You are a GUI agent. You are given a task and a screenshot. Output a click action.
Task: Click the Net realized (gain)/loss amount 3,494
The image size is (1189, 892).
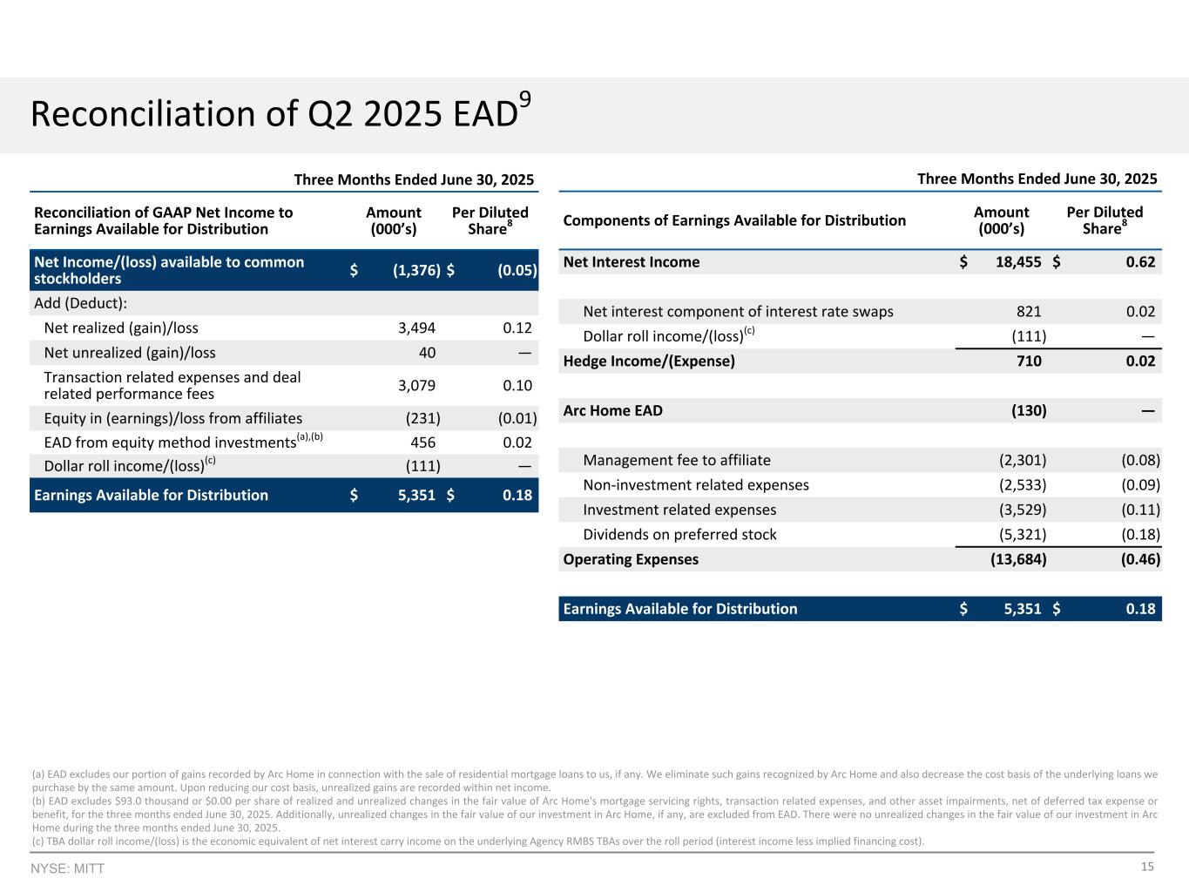pyautogui.click(x=416, y=328)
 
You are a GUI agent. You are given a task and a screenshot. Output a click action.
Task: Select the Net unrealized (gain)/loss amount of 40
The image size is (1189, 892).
pyautogui.click(x=426, y=353)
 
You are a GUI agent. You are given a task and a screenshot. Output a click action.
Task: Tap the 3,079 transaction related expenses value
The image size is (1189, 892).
pyautogui.click(x=416, y=386)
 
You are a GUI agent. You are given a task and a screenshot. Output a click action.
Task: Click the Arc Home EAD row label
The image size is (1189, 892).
pyautogui.click(x=612, y=410)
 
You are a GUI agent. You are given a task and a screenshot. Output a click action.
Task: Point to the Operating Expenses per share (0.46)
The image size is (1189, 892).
pyautogui.click(x=1139, y=559)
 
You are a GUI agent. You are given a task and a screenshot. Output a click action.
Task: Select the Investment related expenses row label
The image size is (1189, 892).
pyautogui.click(x=679, y=510)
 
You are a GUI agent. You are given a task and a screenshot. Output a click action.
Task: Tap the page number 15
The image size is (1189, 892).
pyautogui.click(x=1147, y=867)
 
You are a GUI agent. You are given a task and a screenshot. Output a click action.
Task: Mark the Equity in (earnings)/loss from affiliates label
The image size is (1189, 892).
pyautogui.click(x=172, y=418)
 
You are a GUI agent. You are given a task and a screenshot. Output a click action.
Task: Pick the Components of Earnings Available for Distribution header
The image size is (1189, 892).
pyautogui.click(x=734, y=220)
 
